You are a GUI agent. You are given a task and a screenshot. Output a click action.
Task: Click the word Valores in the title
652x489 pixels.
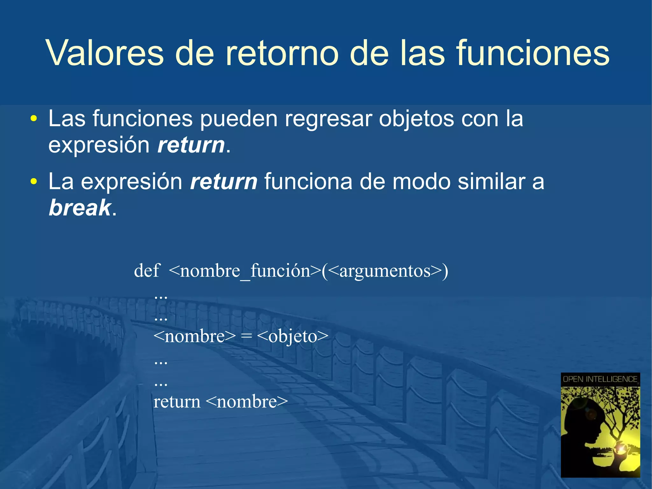(x=105, y=53)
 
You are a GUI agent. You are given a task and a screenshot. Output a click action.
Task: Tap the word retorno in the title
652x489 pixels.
(x=281, y=53)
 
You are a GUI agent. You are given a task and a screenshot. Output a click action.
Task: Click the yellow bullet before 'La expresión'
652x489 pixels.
(x=33, y=182)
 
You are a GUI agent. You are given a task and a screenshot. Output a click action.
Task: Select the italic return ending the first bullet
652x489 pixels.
(x=191, y=145)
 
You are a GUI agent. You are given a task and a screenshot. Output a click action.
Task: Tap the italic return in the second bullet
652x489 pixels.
(x=223, y=182)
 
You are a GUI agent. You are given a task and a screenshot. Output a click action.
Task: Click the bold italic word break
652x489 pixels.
(x=80, y=208)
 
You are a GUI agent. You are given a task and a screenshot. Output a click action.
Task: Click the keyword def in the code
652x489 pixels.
(x=147, y=271)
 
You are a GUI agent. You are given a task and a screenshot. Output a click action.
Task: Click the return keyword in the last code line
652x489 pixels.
(x=177, y=402)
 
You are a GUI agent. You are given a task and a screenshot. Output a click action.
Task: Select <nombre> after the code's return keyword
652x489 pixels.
(x=247, y=402)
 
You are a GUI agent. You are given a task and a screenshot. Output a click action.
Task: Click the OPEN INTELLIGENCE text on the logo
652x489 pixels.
(x=600, y=379)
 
